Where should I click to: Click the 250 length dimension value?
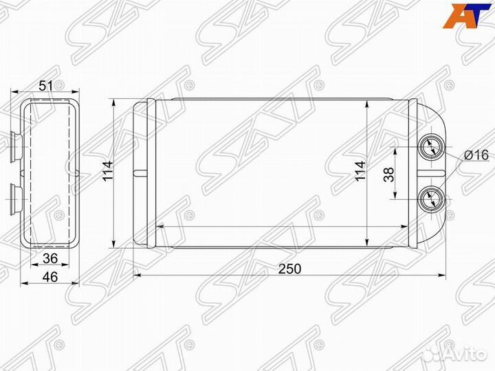289,269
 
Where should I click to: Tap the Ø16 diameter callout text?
476,155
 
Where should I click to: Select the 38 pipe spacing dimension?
389,174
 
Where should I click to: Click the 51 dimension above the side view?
46,85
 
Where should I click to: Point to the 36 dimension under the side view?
50,258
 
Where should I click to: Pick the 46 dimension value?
50,277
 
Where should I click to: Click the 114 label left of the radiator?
108,171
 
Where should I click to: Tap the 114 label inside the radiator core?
360,171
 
